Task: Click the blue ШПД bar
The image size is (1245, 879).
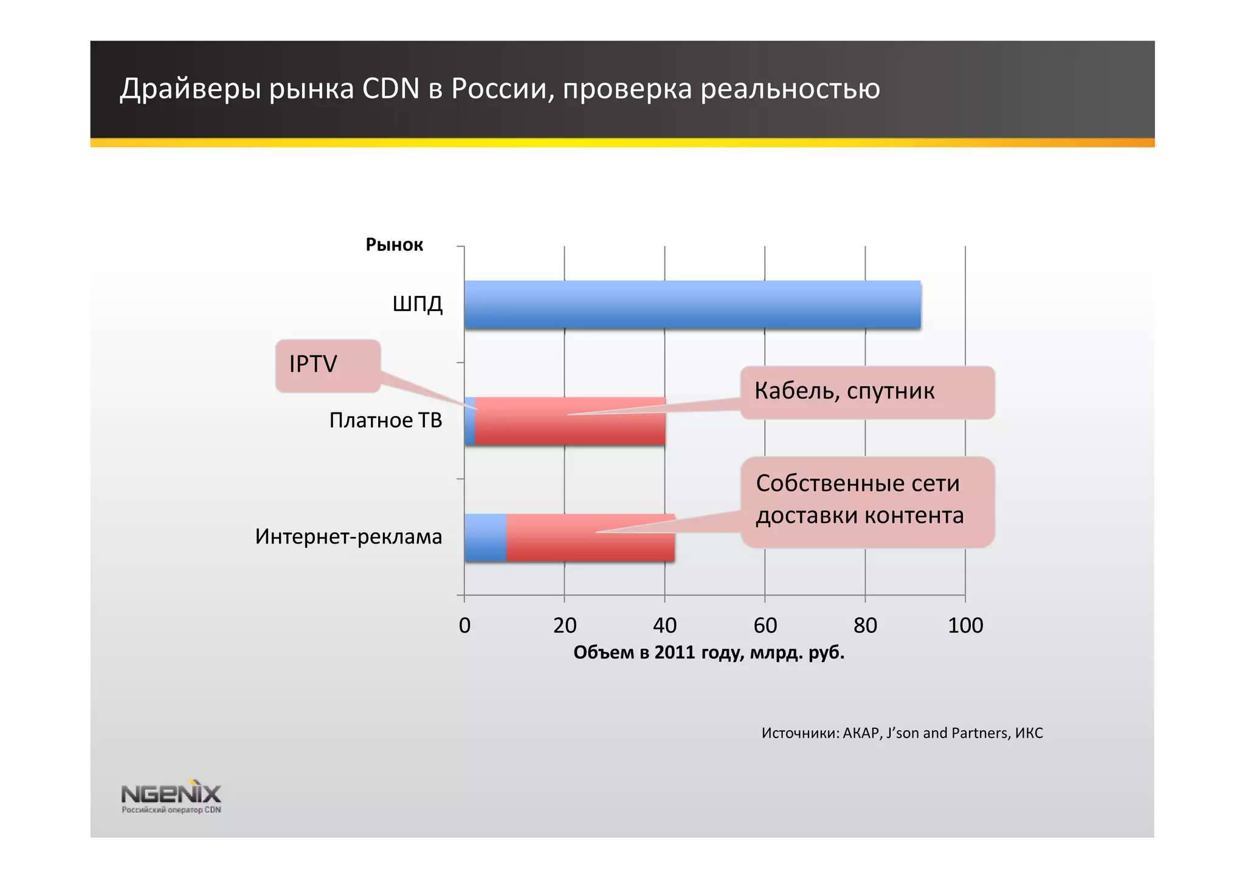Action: coord(692,305)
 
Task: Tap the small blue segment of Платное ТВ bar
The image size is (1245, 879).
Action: coord(469,422)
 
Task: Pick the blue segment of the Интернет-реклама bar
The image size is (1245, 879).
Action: coord(485,538)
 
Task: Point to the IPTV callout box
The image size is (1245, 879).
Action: coord(328,364)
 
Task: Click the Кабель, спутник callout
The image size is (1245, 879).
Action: coord(867,392)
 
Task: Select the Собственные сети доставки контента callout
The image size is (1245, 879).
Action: coord(867,501)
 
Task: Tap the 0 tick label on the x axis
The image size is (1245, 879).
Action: coord(464,625)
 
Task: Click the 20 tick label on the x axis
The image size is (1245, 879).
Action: coord(565,625)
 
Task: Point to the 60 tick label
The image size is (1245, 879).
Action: coord(765,625)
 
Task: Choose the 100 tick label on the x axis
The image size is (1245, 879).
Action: coord(965,625)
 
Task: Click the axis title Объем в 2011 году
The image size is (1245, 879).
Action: coord(709,653)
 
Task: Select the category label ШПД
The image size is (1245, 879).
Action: coord(418,304)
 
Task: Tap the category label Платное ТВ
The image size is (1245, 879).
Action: coord(385,420)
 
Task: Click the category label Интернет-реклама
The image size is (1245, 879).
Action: coord(348,537)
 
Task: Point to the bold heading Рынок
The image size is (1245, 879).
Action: coord(394,245)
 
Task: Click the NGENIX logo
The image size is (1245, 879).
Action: coord(171,796)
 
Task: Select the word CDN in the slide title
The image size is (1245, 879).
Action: coord(391,89)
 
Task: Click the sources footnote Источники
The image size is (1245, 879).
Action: coord(902,733)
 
